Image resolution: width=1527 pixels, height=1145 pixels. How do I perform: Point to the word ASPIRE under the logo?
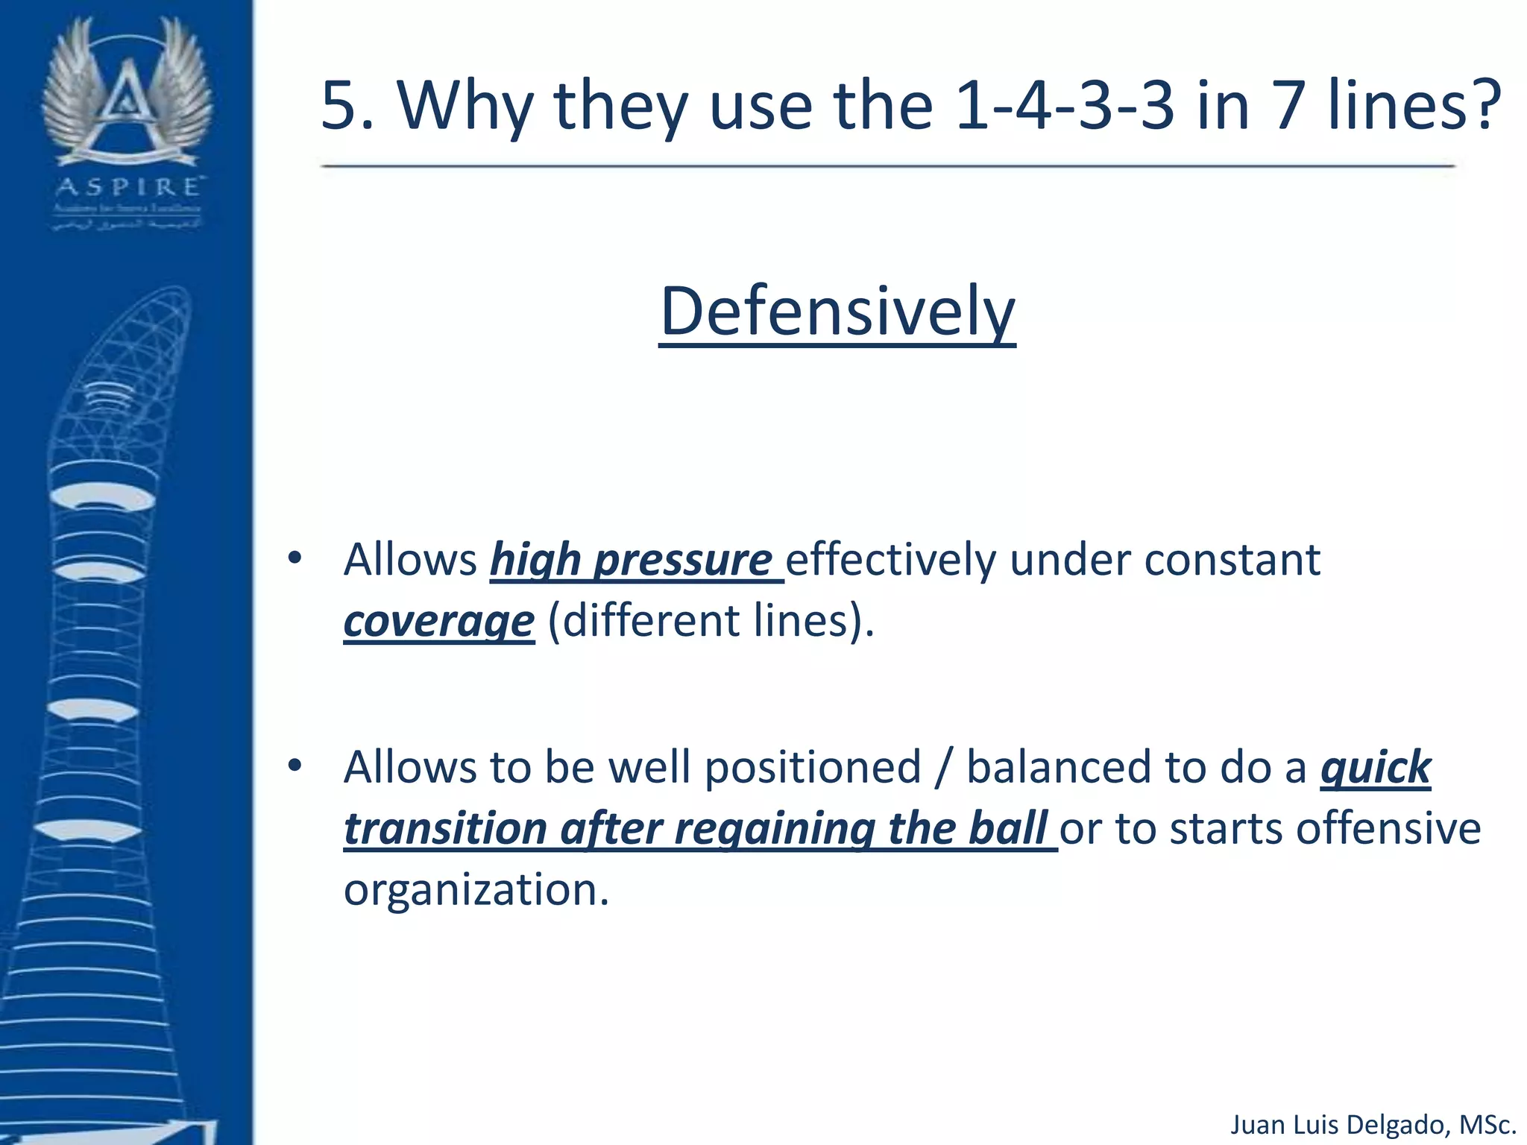[x=127, y=186]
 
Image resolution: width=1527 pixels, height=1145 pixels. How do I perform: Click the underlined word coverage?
[x=438, y=621]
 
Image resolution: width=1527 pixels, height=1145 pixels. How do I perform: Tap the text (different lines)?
[x=711, y=621]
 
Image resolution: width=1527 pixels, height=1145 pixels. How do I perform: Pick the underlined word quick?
[x=1376, y=767]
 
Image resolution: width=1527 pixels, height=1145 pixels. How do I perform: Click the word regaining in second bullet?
[x=775, y=828]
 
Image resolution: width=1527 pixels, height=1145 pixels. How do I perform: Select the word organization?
[x=476, y=889]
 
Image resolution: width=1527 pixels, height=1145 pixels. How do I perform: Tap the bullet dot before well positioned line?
[x=295, y=766]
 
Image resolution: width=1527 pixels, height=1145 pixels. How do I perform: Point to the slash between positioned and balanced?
[x=944, y=767]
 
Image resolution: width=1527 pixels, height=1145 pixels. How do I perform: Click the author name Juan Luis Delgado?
[x=1338, y=1124]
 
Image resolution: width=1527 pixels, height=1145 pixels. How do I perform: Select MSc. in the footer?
[x=1487, y=1124]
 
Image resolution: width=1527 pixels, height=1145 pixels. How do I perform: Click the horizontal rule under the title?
[x=887, y=166]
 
